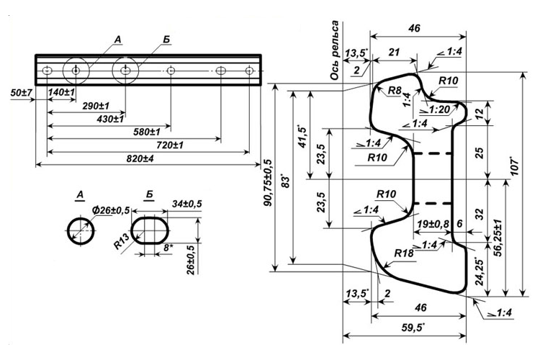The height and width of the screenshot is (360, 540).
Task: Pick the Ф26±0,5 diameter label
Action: click(111, 209)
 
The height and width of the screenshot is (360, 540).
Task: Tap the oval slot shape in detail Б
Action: click(151, 231)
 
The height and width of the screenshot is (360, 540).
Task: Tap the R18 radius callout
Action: click(404, 253)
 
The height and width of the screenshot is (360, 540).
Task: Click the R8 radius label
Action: click(395, 91)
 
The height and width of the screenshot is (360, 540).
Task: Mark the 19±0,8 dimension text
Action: click(433, 224)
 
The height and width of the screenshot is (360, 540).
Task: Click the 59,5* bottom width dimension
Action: click(412, 329)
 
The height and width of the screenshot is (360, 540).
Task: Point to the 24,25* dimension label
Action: click(481, 271)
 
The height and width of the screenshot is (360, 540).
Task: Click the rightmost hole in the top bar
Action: click(249, 71)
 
